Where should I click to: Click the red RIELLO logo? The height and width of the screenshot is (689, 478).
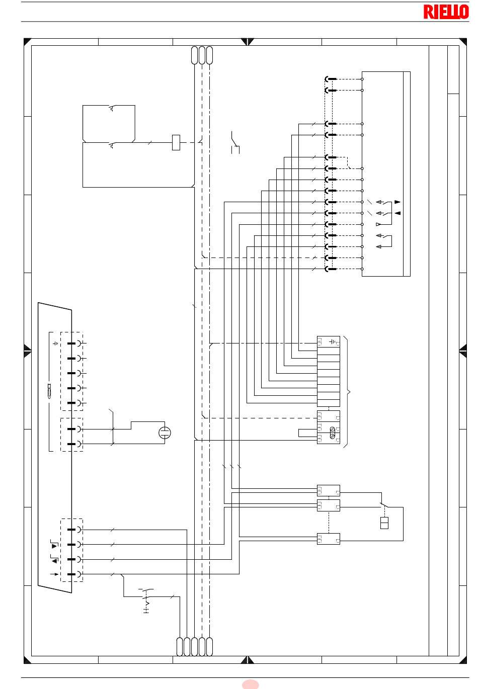point(446,12)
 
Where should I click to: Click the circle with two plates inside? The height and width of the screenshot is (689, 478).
point(165,433)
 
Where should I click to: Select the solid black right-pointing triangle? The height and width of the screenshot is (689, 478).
point(397,202)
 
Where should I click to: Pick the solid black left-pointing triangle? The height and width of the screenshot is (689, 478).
point(397,213)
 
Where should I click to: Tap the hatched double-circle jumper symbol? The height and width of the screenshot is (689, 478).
point(332,433)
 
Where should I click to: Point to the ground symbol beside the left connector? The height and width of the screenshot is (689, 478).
point(56,343)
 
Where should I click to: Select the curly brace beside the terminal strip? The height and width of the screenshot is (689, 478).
point(347,392)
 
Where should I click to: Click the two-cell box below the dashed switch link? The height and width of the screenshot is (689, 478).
point(384,523)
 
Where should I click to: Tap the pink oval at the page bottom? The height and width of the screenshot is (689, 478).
point(250,684)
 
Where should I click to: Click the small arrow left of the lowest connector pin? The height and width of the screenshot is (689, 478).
point(54,574)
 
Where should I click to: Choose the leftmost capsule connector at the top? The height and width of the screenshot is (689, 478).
point(194,55)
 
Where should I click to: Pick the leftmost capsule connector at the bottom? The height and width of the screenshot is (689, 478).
point(180,647)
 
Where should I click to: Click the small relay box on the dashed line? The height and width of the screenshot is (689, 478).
point(176,142)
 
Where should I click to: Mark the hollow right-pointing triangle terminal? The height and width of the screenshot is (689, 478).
point(378,224)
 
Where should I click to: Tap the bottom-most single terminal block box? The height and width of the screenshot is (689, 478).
point(329,539)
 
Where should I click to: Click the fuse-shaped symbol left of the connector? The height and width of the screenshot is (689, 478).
point(49,391)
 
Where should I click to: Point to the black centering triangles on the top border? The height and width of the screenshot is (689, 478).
point(247,42)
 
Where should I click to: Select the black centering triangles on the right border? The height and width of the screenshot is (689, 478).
point(462,351)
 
